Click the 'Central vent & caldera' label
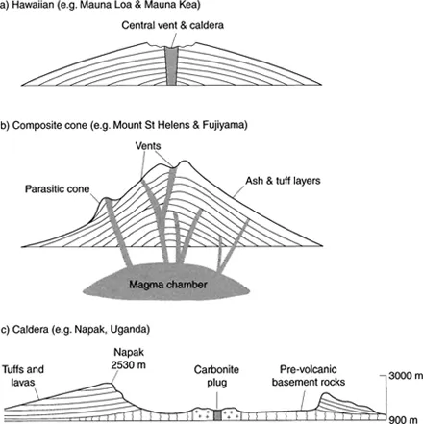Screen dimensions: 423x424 172,25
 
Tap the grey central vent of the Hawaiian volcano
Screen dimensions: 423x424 171,66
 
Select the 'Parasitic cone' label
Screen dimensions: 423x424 57,189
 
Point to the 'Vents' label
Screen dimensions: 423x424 148,146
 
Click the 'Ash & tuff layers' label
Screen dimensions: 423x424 283,181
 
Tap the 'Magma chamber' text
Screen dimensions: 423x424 168,285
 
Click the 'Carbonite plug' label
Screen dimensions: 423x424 216,376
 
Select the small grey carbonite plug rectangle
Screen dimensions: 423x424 217,414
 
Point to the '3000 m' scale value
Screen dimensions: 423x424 406,376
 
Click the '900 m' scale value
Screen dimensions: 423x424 403,419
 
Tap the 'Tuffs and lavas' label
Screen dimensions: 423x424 23,376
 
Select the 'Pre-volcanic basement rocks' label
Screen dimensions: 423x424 309,376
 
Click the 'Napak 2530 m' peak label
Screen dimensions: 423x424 129,359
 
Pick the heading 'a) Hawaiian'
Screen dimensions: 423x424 27,6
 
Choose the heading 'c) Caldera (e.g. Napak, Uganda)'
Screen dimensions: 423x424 75,330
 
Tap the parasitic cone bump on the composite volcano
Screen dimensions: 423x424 106,203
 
